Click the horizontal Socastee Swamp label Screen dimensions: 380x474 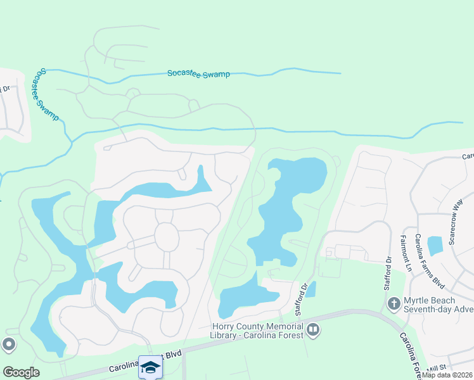[x=198, y=74]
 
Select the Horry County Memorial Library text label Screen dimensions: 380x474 [x=259, y=330]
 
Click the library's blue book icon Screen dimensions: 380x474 [x=313, y=329]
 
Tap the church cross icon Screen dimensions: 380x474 [x=394, y=304]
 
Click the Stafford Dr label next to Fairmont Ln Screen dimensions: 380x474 [x=388, y=272]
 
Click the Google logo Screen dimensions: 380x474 [x=21, y=372]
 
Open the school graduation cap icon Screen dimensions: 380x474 [x=150, y=367]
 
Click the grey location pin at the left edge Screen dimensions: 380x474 [x=8, y=345]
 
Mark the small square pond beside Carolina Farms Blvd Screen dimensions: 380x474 [x=435, y=245]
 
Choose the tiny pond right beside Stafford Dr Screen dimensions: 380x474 [x=311, y=289]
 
